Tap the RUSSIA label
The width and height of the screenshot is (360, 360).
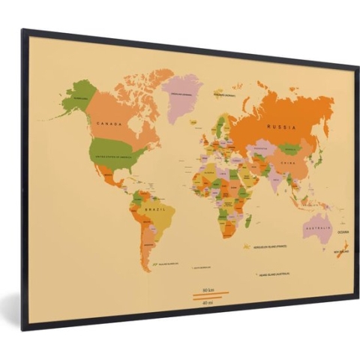[x=280, y=127]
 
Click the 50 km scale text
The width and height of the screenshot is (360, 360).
[x=209, y=289]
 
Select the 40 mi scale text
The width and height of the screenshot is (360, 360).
[x=209, y=302]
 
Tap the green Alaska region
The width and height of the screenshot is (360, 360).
[x=77, y=97]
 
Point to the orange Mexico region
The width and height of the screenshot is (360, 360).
[x=111, y=177]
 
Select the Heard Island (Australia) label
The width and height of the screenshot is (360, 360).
[x=280, y=274]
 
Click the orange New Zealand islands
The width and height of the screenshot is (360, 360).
[x=339, y=257]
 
